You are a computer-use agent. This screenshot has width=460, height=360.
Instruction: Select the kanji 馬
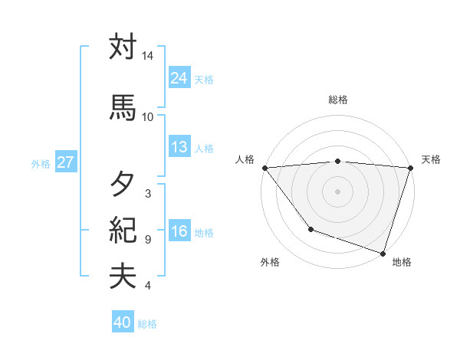(x=123, y=108)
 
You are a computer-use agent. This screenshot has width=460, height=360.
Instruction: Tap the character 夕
(x=123, y=185)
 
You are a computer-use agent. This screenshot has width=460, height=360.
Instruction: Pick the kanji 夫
(x=123, y=277)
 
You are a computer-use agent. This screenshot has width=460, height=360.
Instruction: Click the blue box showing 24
(x=179, y=78)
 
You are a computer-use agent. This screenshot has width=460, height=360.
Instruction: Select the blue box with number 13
(x=179, y=148)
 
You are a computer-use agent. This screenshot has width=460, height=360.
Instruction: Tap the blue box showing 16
(x=179, y=232)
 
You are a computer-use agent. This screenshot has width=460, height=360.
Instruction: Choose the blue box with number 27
(x=65, y=162)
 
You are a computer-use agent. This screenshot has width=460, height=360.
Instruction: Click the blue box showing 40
(x=123, y=323)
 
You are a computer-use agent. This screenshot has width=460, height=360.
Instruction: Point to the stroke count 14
(x=147, y=57)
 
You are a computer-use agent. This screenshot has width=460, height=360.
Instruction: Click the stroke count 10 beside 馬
(x=147, y=116)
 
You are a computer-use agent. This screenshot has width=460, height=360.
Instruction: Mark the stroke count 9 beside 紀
(x=147, y=240)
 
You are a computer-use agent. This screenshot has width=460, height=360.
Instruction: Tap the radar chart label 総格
(x=338, y=100)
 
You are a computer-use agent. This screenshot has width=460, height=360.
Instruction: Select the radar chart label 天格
(x=431, y=159)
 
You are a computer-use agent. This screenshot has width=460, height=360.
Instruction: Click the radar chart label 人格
(x=245, y=159)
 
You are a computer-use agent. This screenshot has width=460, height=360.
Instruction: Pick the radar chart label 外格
(x=270, y=262)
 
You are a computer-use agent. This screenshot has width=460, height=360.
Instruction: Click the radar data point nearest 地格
(x=383, y=253)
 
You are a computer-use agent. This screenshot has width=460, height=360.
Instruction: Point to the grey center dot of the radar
(x=338, y=191)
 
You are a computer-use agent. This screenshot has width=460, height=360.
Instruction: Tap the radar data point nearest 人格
(x=264, y=167)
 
